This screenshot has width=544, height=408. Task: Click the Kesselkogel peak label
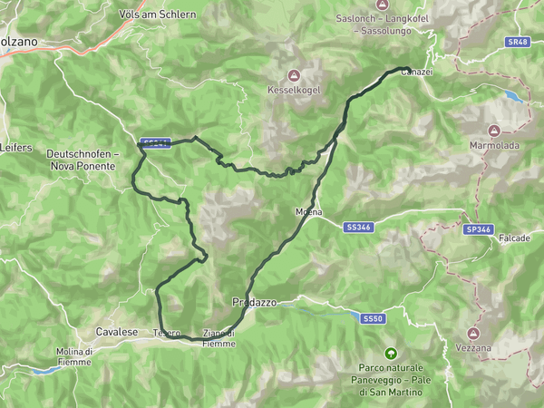point(292,90)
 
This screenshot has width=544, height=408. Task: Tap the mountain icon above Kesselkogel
point(292,75)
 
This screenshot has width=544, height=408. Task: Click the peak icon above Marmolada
point(494,131)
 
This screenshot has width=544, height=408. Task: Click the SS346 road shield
point(358,227)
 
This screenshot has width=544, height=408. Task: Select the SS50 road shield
point(373,319)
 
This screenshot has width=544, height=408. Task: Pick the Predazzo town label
point(253,302)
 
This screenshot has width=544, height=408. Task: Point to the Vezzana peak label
point(474,348)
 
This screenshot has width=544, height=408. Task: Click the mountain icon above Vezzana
point(474,334)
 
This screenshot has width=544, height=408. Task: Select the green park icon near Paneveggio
point(391,353)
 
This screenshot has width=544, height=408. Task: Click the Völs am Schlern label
point(157,15)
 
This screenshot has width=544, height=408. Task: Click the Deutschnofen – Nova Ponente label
point(82,160)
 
